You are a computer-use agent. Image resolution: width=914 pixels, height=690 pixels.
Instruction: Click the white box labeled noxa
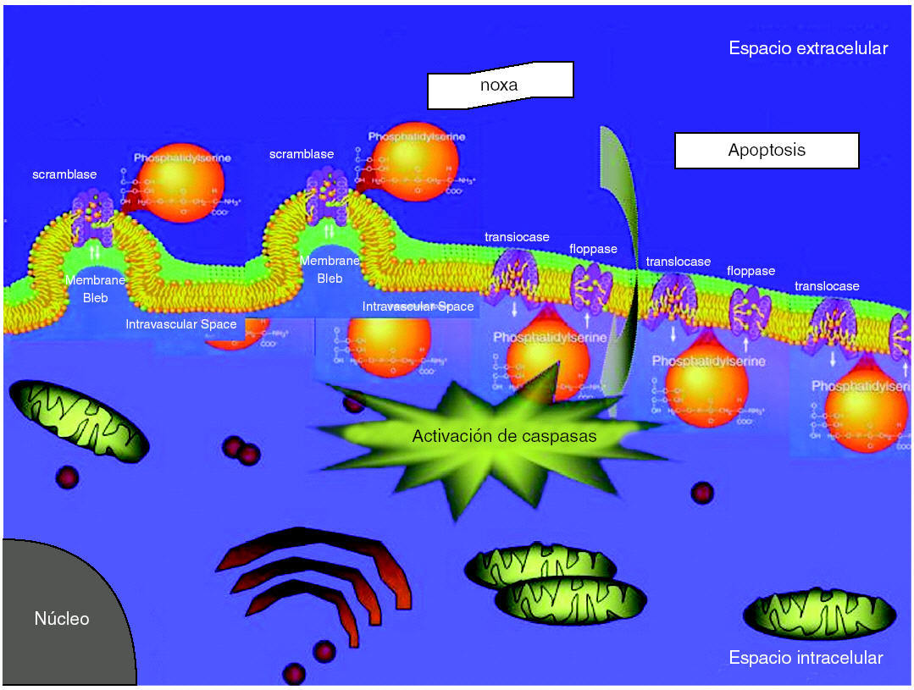point(500,86)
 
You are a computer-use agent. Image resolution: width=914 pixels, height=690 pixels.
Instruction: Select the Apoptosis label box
point(767,151)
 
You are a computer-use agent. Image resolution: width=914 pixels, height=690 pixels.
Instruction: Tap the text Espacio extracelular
point(807,48)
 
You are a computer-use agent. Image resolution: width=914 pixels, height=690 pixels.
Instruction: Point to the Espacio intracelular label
point(806,658)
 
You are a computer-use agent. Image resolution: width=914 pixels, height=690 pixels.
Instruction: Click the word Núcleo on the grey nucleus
point(61,619)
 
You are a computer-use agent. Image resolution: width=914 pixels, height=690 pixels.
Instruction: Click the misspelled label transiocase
point(517,236)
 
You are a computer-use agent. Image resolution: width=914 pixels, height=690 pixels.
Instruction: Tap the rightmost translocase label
point(827,286)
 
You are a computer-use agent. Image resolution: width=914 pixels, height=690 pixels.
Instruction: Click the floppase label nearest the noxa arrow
point(593,249)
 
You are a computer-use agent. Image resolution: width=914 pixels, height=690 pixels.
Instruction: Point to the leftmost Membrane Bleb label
point(96,288)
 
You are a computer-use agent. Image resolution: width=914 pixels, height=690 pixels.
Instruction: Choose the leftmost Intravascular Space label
point(181,324)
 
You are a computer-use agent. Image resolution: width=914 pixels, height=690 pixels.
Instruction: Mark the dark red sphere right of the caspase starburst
point(701,492)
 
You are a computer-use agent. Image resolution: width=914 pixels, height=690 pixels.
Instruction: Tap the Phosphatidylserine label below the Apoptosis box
point(709,361)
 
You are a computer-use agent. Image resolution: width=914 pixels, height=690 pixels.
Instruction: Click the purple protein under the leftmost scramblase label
point(93,216)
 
